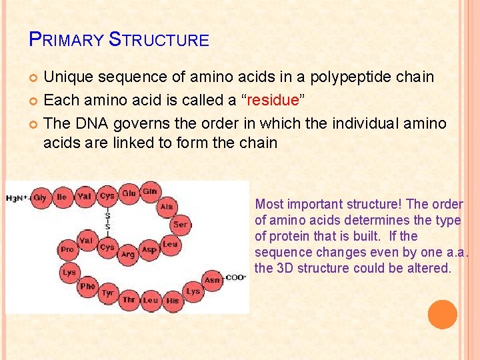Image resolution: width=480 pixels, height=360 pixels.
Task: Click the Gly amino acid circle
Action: click(x=40, y=197)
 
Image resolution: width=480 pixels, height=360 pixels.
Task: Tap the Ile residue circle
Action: click(x=62, y=197)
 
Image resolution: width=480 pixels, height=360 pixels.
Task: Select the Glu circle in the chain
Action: click(x=129, y=193)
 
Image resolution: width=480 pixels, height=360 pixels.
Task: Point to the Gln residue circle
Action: click(x=150, y=191)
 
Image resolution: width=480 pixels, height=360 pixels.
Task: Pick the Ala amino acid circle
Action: click(x=167, y=207)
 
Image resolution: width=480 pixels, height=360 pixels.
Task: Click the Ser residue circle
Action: click(x=181, y=225)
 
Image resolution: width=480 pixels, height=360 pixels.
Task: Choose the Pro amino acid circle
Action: click(x=67, y=249)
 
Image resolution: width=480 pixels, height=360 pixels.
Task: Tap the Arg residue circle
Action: click(x=127, y=254)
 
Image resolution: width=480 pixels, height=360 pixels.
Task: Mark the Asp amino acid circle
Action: click(x=149, y=249)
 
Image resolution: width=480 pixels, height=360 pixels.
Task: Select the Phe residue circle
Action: click(x=87, y=286)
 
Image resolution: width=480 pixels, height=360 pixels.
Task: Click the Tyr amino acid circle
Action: click(x=107, y=293)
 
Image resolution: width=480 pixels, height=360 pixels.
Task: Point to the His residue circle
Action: click(x=172, y=300)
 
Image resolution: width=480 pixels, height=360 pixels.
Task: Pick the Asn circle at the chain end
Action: click(x=212, y=280)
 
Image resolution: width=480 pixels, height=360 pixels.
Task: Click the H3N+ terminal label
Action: click(x=17, y=198)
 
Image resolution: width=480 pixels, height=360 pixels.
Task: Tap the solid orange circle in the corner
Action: click(x=442, y=314)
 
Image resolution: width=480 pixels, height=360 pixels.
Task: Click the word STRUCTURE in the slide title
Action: click(x=159, y=40)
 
